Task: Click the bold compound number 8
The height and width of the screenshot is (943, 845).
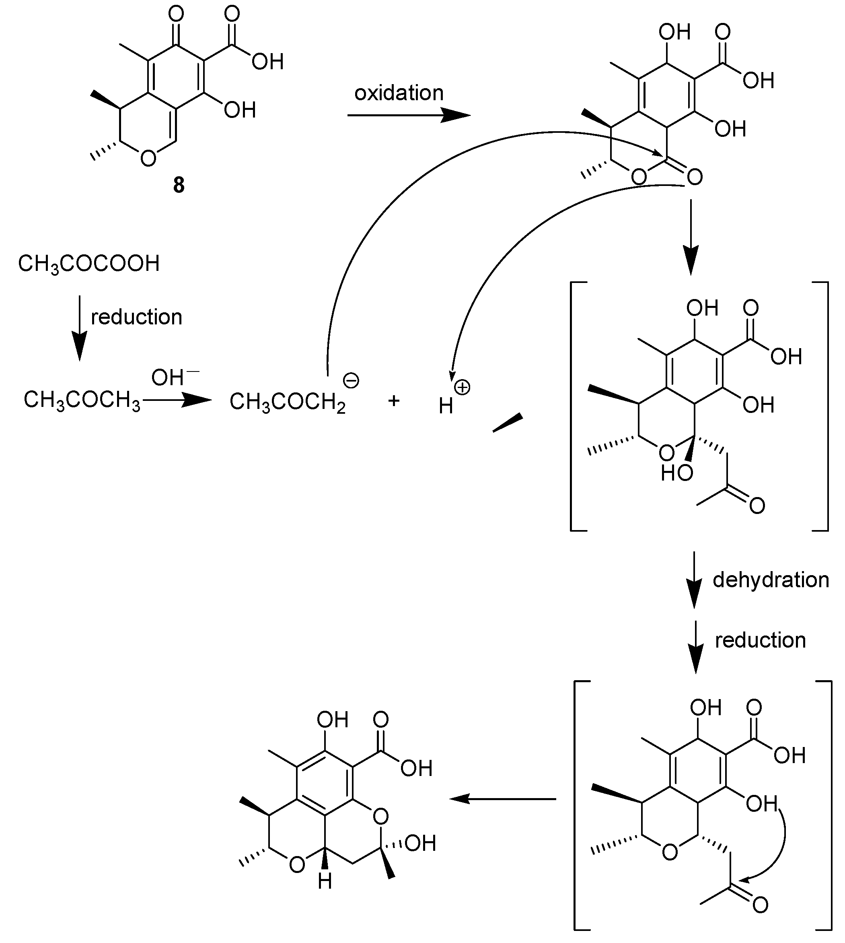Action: [x=179, y=186]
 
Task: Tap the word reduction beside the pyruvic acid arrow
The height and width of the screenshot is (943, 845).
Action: [x=136, y=317]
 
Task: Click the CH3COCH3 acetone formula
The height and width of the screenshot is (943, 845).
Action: [x=82, y=400]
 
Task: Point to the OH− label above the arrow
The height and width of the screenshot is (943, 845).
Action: [x=175, y=377]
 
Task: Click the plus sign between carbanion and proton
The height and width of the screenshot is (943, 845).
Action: [x=394, y=400]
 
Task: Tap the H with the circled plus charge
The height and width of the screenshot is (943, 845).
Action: [x=446, y=406]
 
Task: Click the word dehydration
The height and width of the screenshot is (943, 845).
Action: [x=771, y=580]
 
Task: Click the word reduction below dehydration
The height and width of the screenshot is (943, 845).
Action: [x=760, y=640]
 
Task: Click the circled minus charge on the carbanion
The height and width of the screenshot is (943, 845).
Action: [x=351, y=381]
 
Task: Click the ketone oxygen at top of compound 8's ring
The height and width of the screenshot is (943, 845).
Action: [x=176, y=14]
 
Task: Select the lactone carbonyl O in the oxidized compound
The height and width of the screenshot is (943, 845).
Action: [x=695, y=177]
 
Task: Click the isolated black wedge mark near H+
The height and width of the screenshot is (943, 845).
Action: [x=508, y=422]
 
